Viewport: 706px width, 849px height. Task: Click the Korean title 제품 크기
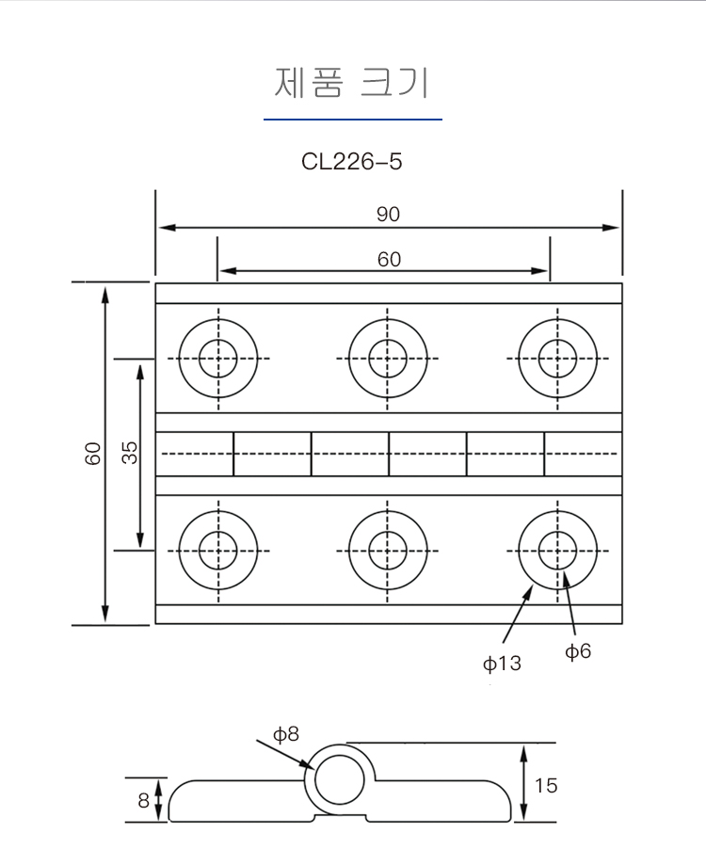(x=352, y=83)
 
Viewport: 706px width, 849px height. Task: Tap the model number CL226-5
(x=352, y=161)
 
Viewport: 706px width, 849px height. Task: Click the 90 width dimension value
(x=388, y=215)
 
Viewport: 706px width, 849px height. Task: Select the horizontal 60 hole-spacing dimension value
(x=389, y=259)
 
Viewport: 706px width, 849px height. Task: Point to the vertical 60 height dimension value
(x=93, y=454)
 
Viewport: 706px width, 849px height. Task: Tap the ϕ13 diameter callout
(x=502, y=664)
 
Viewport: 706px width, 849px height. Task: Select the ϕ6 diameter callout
(x=578, y=650)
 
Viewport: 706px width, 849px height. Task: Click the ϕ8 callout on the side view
(x=286, y=733)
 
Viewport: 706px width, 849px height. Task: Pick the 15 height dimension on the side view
(x=546, y=784)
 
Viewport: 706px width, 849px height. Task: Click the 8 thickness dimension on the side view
(x=143, y=801)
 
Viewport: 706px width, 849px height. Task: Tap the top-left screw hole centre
(x=218, y=359)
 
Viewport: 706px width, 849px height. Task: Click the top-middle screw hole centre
(x=388, y=359)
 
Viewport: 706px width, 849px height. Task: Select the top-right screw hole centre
(x=557, y=359)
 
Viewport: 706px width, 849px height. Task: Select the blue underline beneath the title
(x=352, y=120)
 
